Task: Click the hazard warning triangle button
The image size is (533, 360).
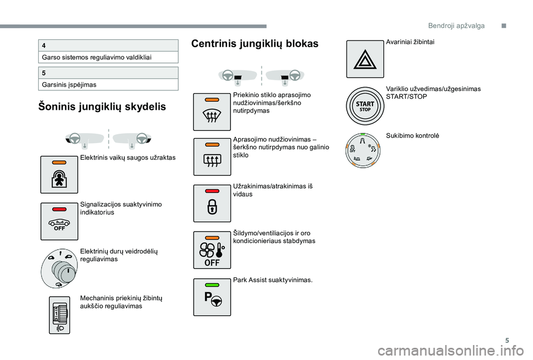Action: tap(365, 59)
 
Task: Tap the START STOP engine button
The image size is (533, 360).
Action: tap(365, 106)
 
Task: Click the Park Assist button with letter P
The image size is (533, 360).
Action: tap(212, 297)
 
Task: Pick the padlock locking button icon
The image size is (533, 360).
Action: tap(212, 204)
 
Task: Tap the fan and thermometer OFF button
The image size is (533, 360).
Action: tap(212, 251)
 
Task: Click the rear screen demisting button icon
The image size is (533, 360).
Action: tap(212, 158)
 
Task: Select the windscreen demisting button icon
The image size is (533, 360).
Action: tap(212, 111)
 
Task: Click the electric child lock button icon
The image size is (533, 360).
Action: tap(59, 175)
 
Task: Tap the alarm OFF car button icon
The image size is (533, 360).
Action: tap(59, 221)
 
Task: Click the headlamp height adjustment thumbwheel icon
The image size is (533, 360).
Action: tap(59, 315)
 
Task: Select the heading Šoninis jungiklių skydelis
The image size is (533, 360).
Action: tap(102, 107)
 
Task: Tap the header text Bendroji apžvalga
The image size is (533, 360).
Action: tap(456, 26)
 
